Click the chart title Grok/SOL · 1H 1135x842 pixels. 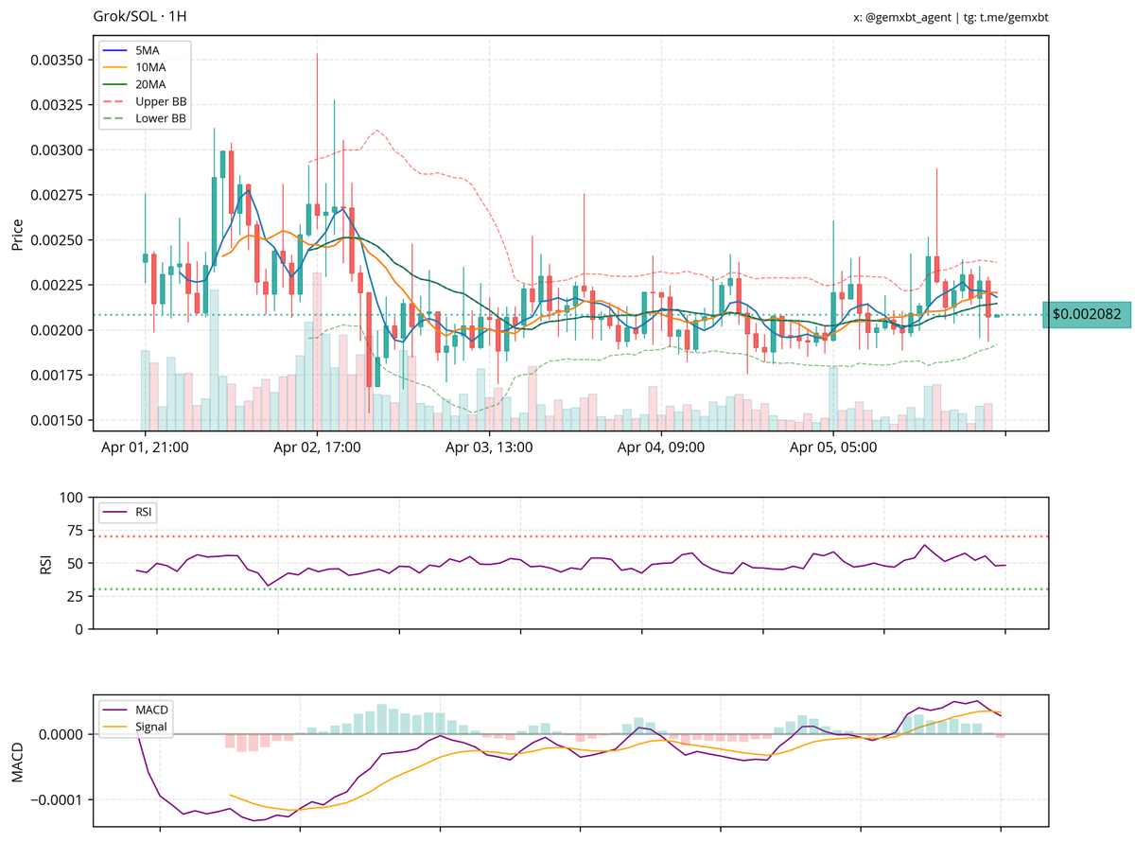(140, 17)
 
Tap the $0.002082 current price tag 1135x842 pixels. (1086, 314)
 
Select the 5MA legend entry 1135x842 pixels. (148, 49)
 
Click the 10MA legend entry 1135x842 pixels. (150, 67)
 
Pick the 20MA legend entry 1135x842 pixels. (150, 84)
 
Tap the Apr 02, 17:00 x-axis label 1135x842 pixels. (317, 447)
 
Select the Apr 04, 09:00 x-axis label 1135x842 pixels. (660, 447)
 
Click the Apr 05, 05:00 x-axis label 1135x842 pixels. (832, 447)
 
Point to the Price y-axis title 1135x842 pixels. (18, 233)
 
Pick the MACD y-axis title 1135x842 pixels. (18, 762)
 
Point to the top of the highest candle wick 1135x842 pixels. (317, 54)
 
